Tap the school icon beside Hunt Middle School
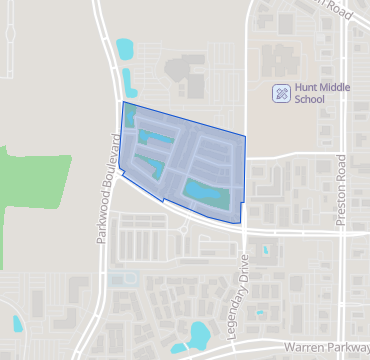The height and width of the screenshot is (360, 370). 282,93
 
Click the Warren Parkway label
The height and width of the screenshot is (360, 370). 326,347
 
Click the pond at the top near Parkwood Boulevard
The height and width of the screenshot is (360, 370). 124,47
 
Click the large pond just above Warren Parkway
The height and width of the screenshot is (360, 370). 197,332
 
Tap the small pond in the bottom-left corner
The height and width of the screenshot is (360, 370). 17,324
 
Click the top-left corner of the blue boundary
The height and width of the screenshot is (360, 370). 122,102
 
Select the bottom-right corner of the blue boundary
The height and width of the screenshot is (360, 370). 243,221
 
